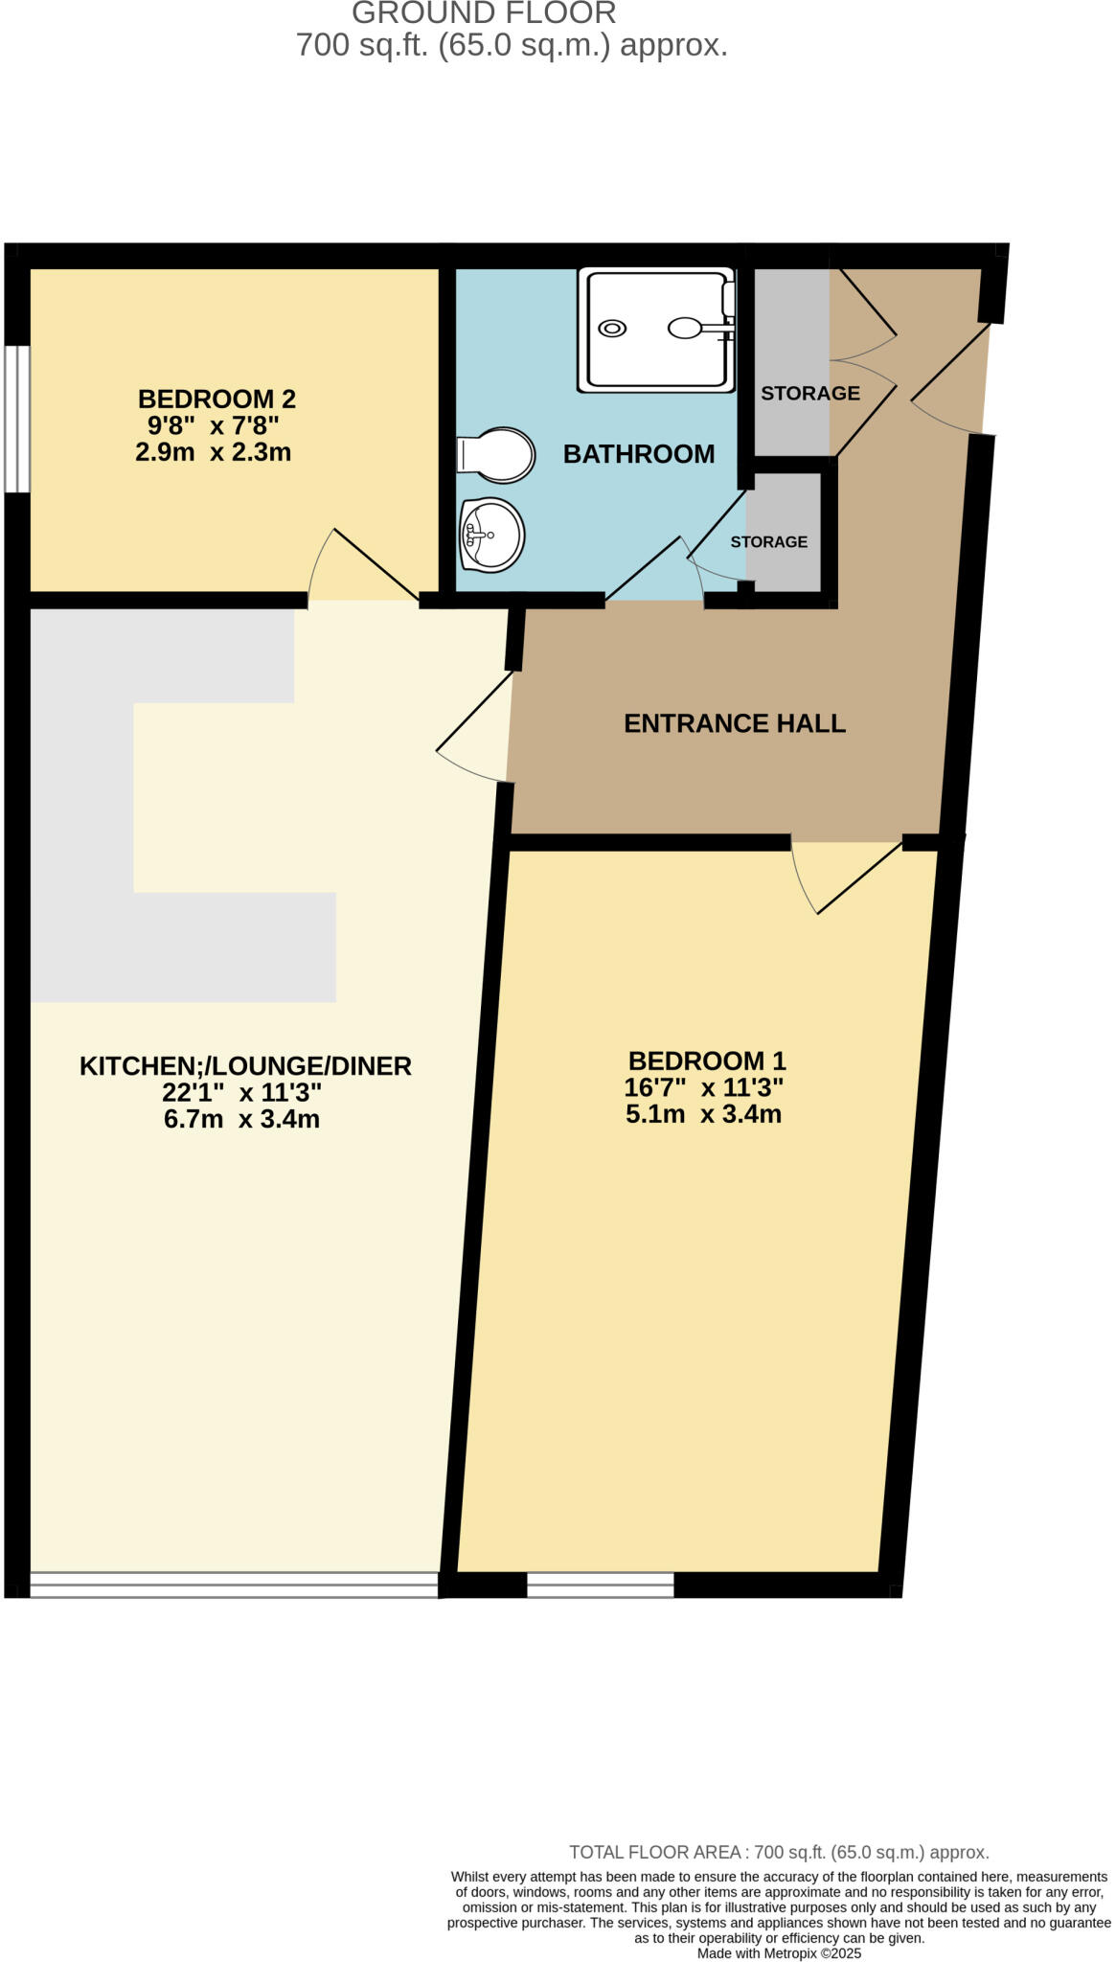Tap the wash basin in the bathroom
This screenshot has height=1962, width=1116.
pos(492,534)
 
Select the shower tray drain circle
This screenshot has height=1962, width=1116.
pos(611,329)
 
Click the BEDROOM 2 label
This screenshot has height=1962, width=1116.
pos(216,399)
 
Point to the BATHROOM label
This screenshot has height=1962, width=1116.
pos(638,454)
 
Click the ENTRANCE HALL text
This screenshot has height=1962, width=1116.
pos(735,723)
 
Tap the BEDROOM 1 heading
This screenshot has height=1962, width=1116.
pos(707,1061)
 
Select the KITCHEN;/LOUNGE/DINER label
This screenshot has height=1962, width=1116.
pos(245,1065)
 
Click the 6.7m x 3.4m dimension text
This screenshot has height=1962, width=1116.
pos(241,1119)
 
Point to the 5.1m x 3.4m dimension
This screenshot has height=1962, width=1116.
pos(703,1114)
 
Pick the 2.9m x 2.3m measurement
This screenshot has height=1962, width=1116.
pos(213,452)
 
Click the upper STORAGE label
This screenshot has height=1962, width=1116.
pos(809,393)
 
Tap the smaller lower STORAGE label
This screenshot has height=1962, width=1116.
pos(768,542)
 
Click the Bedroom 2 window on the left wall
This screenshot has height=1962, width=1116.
pos(16,419)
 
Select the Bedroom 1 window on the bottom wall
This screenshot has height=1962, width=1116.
pos(601,1585)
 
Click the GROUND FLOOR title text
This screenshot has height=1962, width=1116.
pos(484,13)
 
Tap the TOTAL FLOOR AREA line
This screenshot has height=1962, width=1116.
pos(779,1852)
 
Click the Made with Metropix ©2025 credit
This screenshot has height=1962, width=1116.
pos(779,1953)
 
